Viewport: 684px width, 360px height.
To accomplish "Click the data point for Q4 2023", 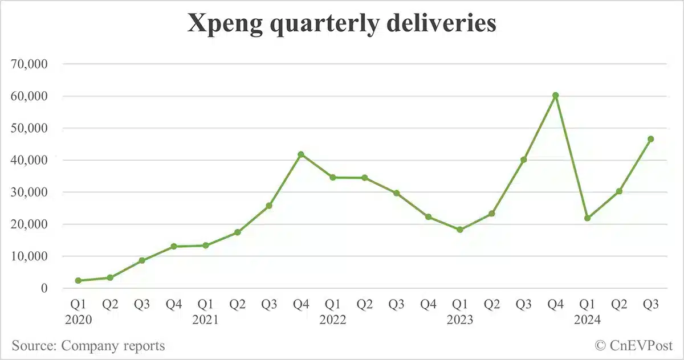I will click(x=555, y=96).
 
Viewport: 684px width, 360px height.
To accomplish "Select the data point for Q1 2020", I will click(x=78, y=280).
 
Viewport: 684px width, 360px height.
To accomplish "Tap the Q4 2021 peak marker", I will click(x=301, y=154).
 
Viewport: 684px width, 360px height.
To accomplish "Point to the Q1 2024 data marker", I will click(x=587, y=218).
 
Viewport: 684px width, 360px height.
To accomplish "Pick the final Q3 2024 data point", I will click(x=650, y=139).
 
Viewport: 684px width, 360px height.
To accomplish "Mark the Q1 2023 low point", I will click(x=460, y=230).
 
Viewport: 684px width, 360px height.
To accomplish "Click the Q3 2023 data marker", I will click(x=523, y=159).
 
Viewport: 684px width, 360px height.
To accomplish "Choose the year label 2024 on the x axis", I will click(x=587, y=320).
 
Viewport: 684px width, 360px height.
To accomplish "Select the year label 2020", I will click(x=78, y=320).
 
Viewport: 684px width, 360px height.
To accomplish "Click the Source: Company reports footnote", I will click(x=88, y=345).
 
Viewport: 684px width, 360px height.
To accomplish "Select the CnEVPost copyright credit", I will click(x=633, y=345).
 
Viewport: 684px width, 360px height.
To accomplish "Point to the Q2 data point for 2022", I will click(x=364, y=178).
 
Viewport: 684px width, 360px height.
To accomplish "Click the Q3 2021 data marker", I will click(x=269, y=206).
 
